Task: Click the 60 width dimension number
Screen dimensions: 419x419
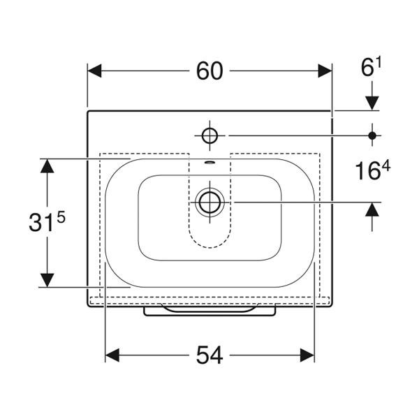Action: [x=209, y=71]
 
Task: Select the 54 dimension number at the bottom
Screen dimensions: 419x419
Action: [x=209, y=355]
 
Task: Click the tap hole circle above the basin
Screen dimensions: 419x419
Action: [x=209, y=134]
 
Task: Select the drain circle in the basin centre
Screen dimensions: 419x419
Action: [x=209, y=202]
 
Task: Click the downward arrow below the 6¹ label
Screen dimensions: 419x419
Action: [x=372, y=101]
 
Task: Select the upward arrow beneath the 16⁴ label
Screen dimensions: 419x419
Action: [x=372, y=210]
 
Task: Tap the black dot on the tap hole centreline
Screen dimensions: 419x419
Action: [x=372, y=134]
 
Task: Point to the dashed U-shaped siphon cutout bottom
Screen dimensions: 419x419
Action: [x=209, y=247]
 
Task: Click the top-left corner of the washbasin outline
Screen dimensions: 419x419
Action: [x=88, y=111]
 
